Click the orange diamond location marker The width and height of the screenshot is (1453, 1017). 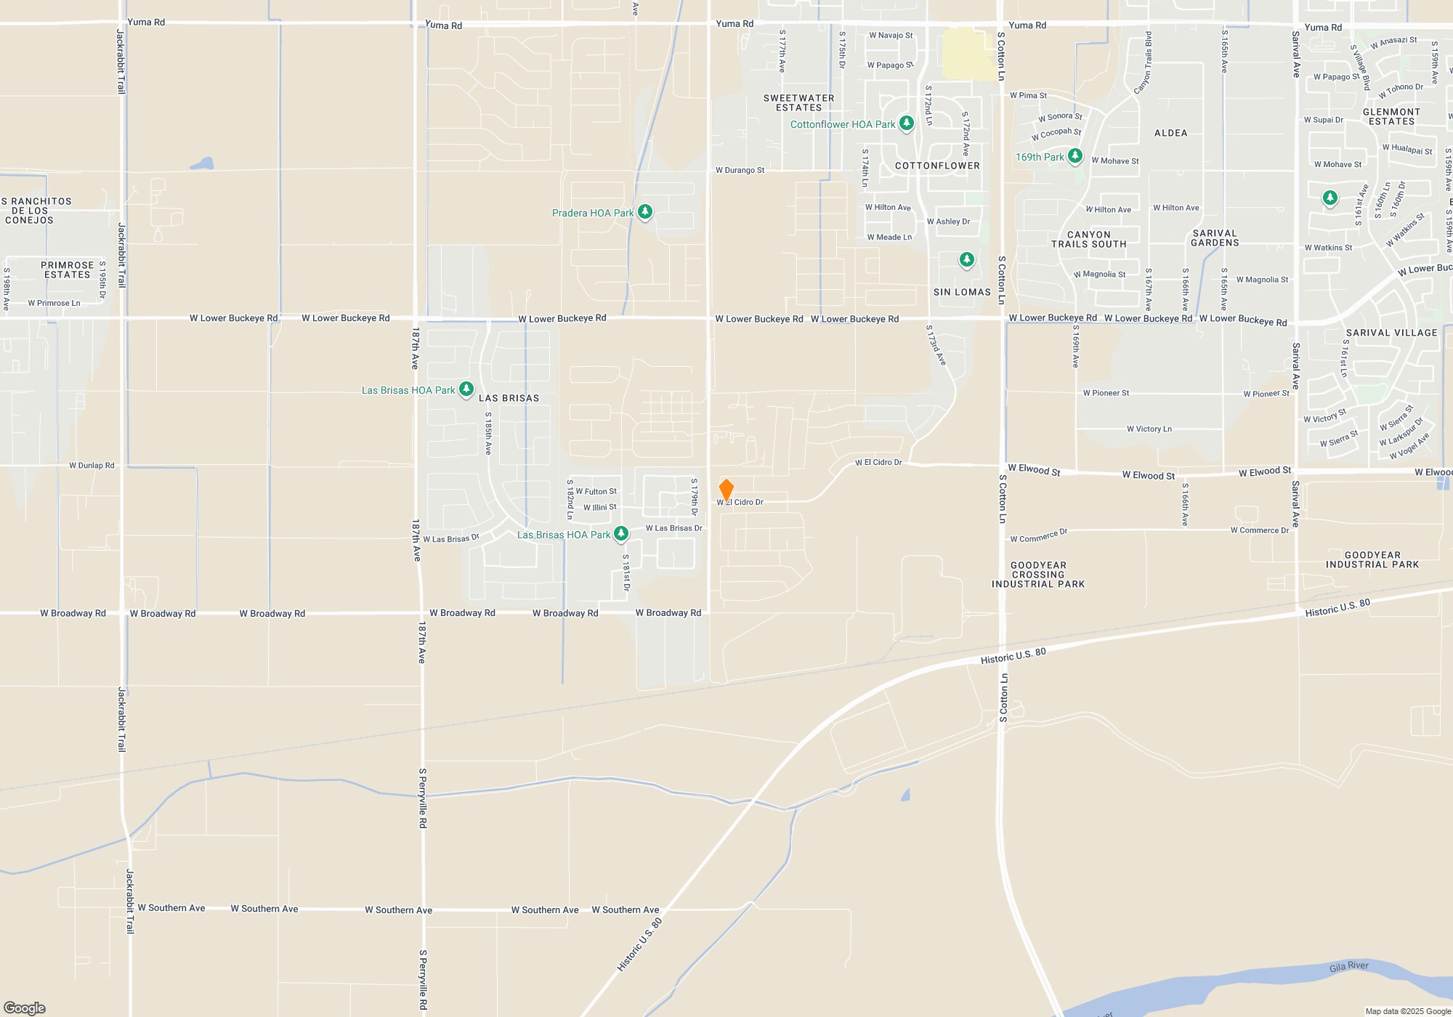pyautogui.click(x=726, y=490)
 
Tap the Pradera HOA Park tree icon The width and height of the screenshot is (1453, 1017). pyautogui.click(x=644, y=212)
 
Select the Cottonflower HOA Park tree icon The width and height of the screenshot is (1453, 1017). pyautogui.click(x=906, y=123)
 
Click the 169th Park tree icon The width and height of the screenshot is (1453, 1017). pyautogui.click(x=1074, y=156)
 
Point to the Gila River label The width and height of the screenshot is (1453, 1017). pyautogui.click(x=1348, y=966)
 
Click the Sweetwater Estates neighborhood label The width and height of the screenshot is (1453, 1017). pyautogui.click(x=798, y=102)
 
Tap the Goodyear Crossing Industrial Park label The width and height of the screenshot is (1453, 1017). pyautogui.click(x=1038, y=575)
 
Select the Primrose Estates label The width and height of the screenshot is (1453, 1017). pyautogui.click(x=67, y=270)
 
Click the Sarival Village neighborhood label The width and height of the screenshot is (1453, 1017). pyautogui.click(x=1391, y=333)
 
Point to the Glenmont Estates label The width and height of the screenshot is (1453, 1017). pyautogui.click(x=1391, y=116)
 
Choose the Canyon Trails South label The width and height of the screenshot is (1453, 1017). pyautogui.click(x=1088, y=239)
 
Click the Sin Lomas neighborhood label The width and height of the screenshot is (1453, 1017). pyautogui.click(x=962, y=292)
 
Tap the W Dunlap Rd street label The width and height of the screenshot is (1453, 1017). pyautogui.click(x=92, y=466)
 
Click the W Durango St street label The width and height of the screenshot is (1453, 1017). pyautogui.click(x=740, y=170)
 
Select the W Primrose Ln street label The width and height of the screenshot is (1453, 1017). pyautogui.click(x=54, y=303)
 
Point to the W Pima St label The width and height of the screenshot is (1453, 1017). pyautogui.click(x=1028, y=95)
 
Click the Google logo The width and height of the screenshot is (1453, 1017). pyautogui.click(x=25, y=1008)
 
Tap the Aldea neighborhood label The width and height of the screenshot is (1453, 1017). pyautogui.click(x=1170, y=133)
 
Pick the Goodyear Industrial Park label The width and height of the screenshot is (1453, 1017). pyautogui.click(x=1372, y=559)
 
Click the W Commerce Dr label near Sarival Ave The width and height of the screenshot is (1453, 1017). pyautogui.click(x=1259, y=530)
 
